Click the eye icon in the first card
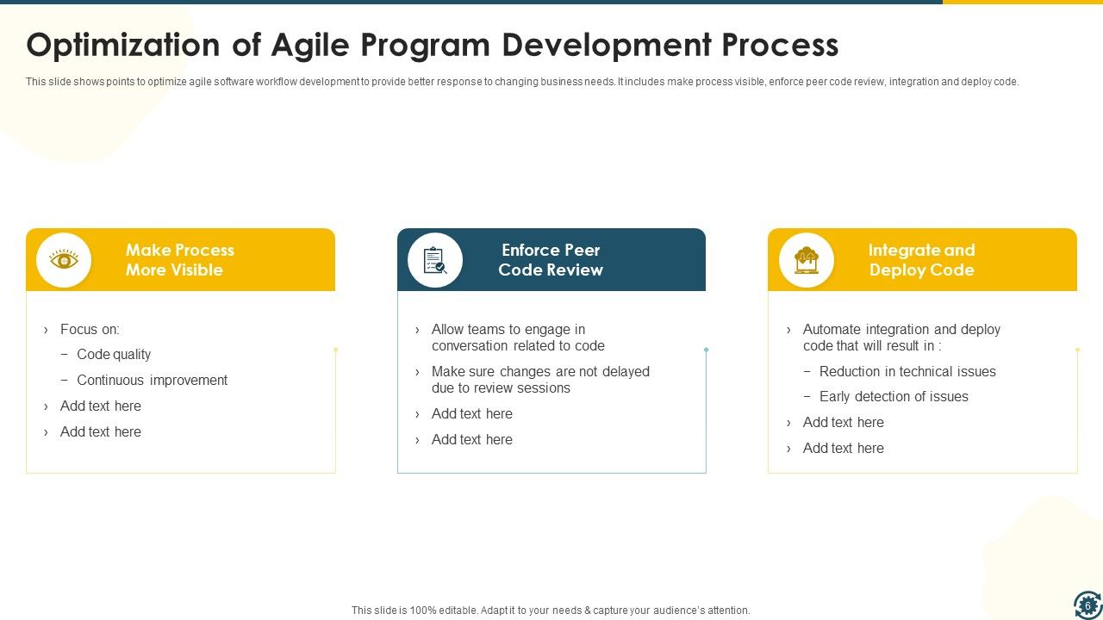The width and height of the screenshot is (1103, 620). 64,259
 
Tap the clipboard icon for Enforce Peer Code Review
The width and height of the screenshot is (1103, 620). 435,259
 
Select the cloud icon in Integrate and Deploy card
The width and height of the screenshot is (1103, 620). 807,259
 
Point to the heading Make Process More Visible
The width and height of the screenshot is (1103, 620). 179,259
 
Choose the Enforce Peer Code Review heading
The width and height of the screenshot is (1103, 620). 551,259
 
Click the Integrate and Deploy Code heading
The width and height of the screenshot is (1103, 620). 921,259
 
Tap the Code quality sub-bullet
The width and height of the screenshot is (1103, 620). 114,354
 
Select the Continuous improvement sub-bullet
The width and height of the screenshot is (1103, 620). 152,380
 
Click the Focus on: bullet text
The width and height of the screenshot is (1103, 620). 90,329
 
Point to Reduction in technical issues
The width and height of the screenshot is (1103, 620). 907,371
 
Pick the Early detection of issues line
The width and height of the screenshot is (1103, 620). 893,396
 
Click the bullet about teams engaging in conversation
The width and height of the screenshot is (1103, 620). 517,337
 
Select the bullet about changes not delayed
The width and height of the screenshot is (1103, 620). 539,379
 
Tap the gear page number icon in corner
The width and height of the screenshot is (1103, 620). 1087,604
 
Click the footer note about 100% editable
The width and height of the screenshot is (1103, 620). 551,610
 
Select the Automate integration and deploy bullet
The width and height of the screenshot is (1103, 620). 900,337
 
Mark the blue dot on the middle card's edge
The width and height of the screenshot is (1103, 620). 706,350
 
